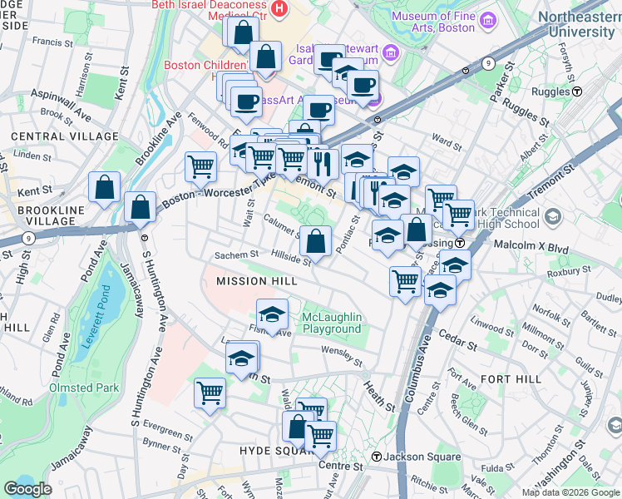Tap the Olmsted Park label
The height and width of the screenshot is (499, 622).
click(84, 388)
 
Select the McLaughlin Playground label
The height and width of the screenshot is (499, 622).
click(332, 323)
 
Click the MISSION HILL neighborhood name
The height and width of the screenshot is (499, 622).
click(257, 282)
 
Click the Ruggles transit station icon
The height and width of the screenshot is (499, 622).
click(576, 91)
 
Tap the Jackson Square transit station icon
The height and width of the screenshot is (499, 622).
click(376, 457)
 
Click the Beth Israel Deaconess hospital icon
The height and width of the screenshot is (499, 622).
click(279, 10)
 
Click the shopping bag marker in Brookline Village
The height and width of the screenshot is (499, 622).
click(105, 187)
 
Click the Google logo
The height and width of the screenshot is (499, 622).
click(29, 489)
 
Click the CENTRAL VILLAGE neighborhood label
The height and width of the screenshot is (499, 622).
click(65, 136)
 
